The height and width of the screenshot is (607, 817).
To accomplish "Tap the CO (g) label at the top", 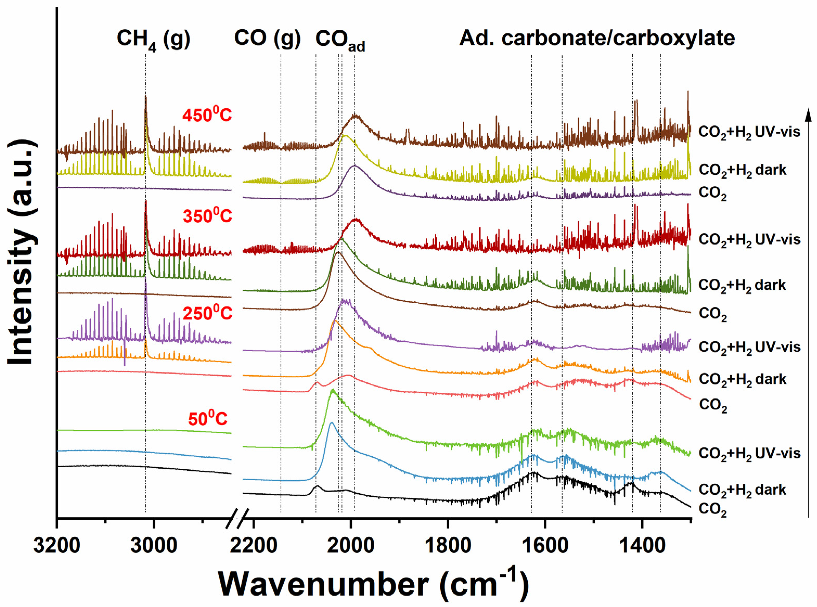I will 267,38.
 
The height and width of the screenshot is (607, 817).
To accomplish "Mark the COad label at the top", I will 340,40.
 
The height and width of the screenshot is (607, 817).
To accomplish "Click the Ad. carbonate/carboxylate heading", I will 597,38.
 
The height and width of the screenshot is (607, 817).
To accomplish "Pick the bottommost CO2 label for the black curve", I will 712,510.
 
